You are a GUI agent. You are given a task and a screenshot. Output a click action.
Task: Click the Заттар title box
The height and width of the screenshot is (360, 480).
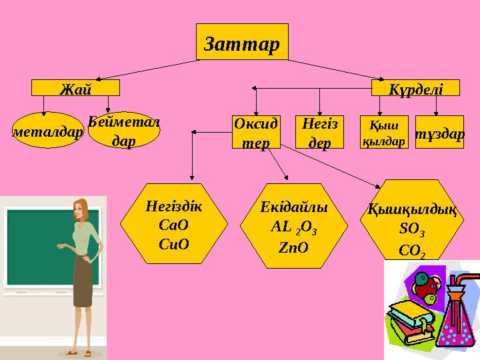[x=242, y=41]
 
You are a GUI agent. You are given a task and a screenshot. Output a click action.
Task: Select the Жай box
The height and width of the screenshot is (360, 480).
[x=76, y=89]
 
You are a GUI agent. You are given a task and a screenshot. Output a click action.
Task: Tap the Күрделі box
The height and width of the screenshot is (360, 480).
[x=407, y=89]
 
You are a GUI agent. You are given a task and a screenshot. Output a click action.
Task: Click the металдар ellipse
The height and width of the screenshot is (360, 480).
[x=47, y=132]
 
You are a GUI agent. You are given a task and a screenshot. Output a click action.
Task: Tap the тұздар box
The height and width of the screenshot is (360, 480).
[x=439, y=133]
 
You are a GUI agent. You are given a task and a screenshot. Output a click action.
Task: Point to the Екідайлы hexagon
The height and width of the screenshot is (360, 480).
[x=294, y=225]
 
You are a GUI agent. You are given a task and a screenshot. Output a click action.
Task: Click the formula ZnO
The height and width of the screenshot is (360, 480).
[x=294, y=247]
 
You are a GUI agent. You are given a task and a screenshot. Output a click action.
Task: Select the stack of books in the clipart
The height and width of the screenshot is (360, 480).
[x=408, y=320]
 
